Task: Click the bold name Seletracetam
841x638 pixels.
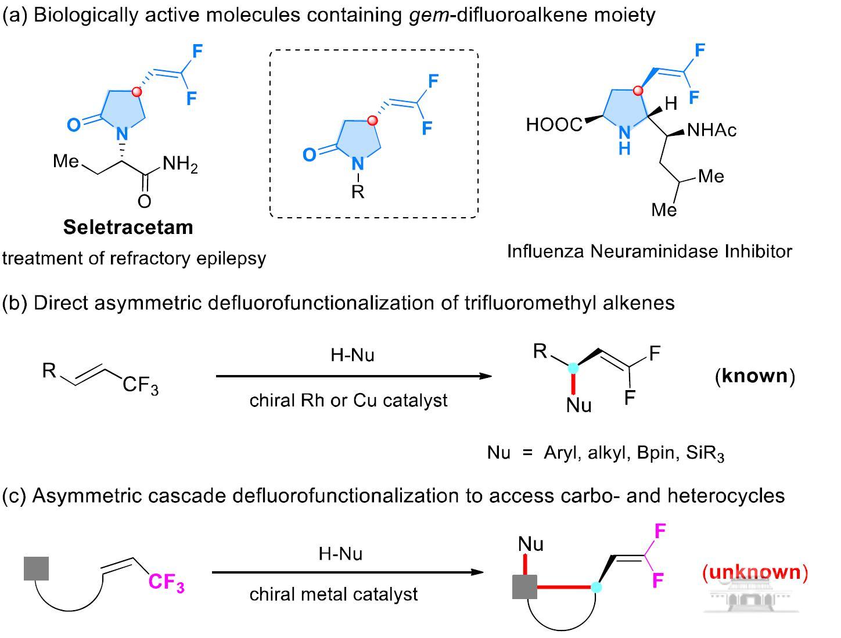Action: coord(128,227)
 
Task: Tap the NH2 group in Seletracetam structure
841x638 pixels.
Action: coord(180,165)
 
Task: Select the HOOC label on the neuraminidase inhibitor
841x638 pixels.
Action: coord(554,124)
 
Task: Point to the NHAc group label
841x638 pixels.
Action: coord(711,130)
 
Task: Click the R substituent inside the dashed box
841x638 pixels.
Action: coord(358,191)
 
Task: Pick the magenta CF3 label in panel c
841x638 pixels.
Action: coord(167,582)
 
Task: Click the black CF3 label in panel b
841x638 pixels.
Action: coord(141,385)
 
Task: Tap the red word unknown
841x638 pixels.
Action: coord(755,572)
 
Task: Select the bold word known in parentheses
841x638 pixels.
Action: coord(754,376)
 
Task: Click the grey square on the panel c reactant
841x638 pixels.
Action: coord(36,568)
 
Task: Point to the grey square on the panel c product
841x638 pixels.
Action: coord(524,587)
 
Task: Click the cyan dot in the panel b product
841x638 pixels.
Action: coord(573,368)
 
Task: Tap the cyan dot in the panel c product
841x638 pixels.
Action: coord(596,587)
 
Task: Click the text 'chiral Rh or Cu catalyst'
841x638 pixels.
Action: coord(348,401)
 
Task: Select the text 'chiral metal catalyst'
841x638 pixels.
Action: coord(333,594)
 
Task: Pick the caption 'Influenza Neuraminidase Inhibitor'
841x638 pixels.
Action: coord(649,251)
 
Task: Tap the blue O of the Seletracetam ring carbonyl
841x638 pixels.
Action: coord(74,125)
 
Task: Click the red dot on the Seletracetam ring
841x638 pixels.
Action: coord(136,92)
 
